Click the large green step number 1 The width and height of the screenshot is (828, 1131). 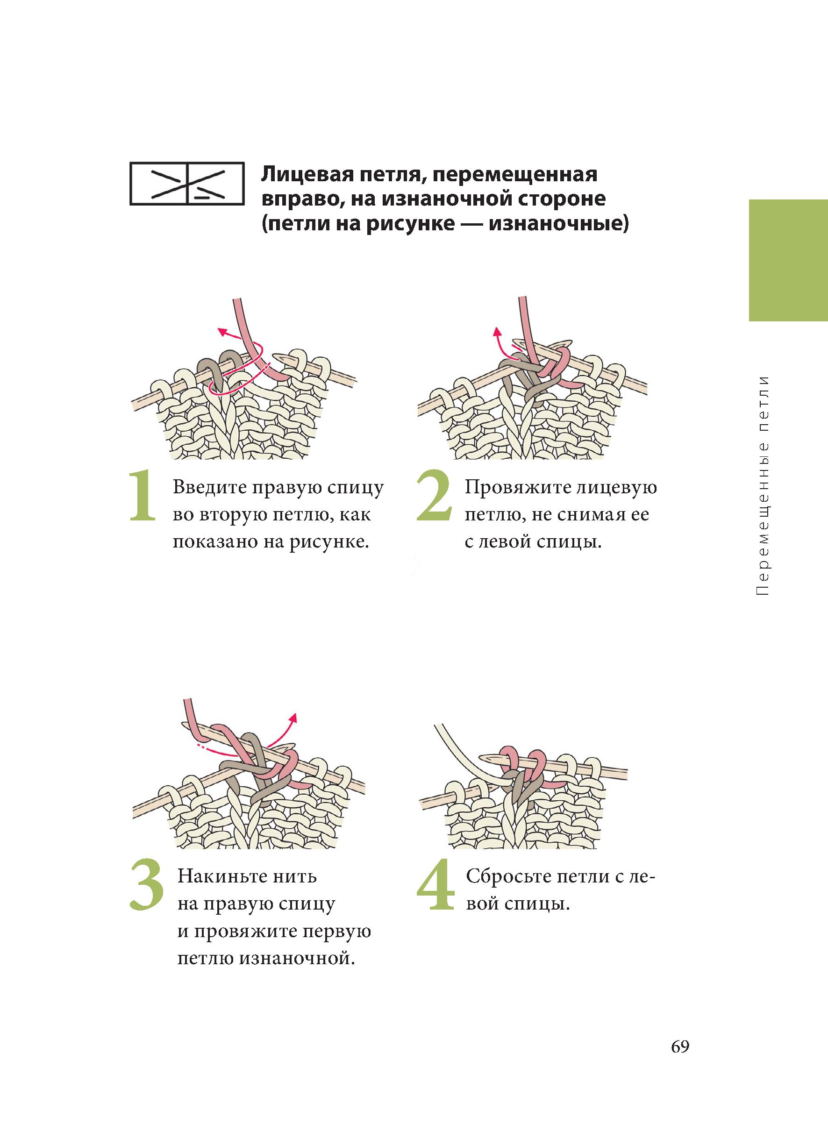pyautogui.click(x=143, y=496)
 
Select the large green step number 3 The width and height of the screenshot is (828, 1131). pyautogui.click(x=147, y=885)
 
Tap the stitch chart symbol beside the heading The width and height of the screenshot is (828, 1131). pyautogui.click(x=187, y=184)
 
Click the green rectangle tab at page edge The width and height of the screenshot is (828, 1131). pyautogui.click(x=788, y=261)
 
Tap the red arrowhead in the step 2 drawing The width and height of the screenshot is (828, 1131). pyautogui.click(x=497, y=331)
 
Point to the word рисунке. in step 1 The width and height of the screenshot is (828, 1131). pyautogui.click(x=332, y=542)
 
